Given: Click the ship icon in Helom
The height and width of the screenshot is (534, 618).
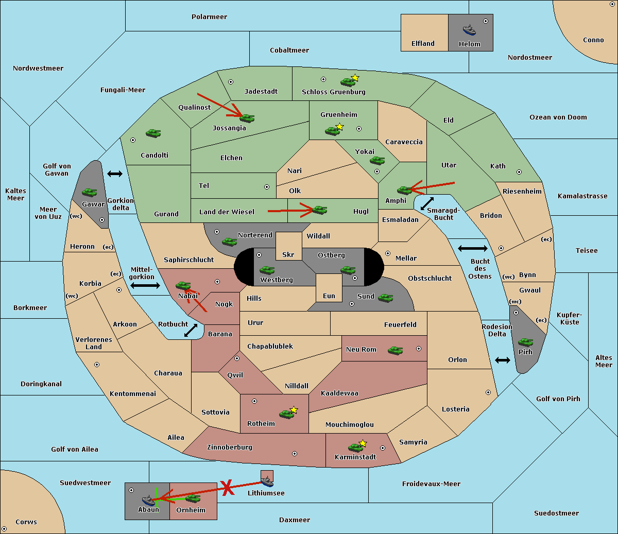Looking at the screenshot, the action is click(469, 30).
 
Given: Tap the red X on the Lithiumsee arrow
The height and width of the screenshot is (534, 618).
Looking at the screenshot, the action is click(228, 488).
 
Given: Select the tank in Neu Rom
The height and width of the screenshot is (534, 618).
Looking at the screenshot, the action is click(395, 350).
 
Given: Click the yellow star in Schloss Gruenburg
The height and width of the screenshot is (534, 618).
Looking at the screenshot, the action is click(355, 78).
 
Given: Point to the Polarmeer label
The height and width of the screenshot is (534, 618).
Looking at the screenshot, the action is click(209, 17).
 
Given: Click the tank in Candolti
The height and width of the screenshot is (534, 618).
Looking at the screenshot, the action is click(153, 133).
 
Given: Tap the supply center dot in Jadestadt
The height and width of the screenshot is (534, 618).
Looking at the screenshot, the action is click(231, 82).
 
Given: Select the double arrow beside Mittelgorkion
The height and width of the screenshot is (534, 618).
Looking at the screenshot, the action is click(145, 285).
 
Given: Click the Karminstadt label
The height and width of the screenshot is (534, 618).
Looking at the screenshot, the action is click(355, 457).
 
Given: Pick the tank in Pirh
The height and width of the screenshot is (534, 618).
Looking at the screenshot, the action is click(525, 342).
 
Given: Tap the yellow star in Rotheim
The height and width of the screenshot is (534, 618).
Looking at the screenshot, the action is click(294, 409).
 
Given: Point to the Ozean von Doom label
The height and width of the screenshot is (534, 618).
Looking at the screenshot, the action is click(558, 117).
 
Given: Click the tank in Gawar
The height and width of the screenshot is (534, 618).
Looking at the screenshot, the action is click(90, 192).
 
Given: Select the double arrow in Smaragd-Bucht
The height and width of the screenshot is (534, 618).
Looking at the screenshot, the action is click(427, 203).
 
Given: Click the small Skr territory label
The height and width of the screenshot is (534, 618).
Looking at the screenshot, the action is click(288, 254).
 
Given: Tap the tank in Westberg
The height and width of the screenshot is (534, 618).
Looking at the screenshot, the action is click(267, 270).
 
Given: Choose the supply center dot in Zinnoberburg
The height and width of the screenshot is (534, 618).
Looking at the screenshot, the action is click(295, 454).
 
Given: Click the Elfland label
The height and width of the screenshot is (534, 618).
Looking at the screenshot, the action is click(423, 44).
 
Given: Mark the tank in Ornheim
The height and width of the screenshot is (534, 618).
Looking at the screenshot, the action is click(193, 498).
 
